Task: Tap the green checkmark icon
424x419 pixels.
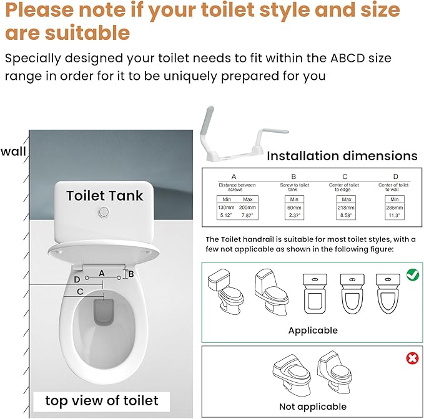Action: (413, 273)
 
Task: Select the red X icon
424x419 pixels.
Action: (413, 358)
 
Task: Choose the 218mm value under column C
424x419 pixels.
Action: (344, 206)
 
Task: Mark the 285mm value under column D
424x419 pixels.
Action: (395, 206)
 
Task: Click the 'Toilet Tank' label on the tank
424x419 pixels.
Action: (104, 196)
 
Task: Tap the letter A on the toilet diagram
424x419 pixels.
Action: (101, 264)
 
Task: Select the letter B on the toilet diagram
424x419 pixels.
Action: (131, 273)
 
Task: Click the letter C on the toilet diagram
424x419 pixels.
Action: (80, 291)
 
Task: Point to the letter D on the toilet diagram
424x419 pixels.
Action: (76, 279)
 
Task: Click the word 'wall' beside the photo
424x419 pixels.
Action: (13, 152)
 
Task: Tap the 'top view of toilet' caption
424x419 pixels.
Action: (102, 400)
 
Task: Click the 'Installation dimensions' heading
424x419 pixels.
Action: (342, 156)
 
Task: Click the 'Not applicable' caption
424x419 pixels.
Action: (312, 407)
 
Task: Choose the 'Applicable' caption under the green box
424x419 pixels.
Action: (313, 330)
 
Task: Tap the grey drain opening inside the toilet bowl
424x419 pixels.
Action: (103, 312)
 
